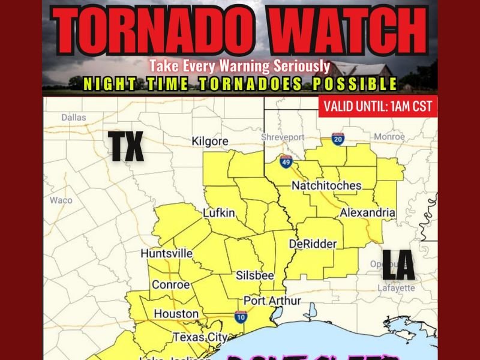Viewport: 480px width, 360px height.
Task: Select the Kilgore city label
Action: pos(210,141)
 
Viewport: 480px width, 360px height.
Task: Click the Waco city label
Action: pos(61,200)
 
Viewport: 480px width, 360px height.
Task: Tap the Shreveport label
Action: pos(283,137)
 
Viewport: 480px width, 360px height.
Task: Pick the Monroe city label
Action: pos(389,137)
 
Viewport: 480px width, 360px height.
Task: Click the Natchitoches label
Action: pos(326,185)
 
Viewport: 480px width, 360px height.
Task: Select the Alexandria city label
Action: pos(367,213)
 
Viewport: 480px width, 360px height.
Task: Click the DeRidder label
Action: pos(313,244)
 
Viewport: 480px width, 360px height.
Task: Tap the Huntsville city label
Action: pos(167,254)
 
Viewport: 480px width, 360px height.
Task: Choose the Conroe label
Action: pos(171,284)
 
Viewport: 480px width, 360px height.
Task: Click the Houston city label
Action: pos(176,314)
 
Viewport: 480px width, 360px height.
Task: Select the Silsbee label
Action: pos(255,275)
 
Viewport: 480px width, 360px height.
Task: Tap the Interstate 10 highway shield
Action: pos(240,317)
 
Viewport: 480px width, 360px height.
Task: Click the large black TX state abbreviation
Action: pos(127,147)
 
